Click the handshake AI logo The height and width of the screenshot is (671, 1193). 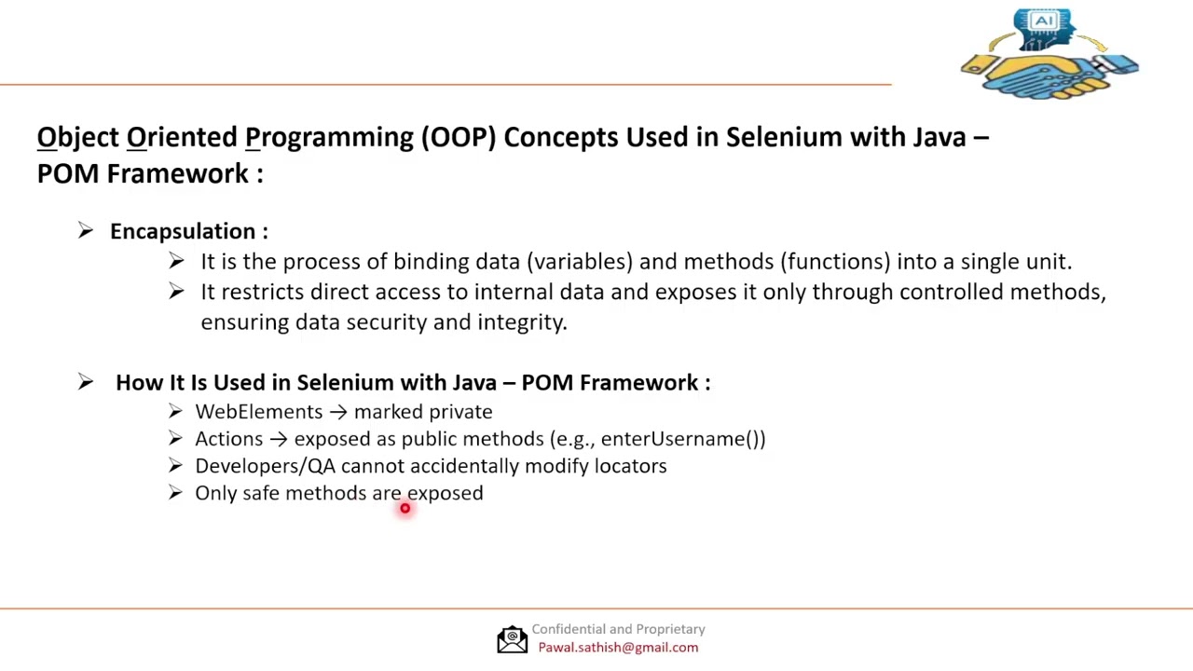point(1049,54)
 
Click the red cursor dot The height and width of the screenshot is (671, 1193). point(405,508)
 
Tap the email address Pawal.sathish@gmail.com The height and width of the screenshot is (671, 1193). point(617,648)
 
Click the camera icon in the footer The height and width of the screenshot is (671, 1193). point(512,638)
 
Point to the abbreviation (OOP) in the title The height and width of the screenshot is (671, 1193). point(458,137)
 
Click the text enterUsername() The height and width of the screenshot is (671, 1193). point(682,439)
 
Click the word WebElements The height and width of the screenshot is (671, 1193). point(258,412)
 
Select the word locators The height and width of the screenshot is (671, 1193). point(630,466)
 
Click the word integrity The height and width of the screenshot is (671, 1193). point(521,322)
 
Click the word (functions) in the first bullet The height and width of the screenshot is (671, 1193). point(834,262)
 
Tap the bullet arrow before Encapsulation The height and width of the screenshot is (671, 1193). point(86,231)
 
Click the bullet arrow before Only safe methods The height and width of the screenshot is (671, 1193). point(175,493)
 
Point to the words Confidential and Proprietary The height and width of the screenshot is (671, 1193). point(618,629)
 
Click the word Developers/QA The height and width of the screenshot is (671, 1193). point(265,466)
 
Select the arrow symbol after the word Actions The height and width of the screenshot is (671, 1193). point(278,439)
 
